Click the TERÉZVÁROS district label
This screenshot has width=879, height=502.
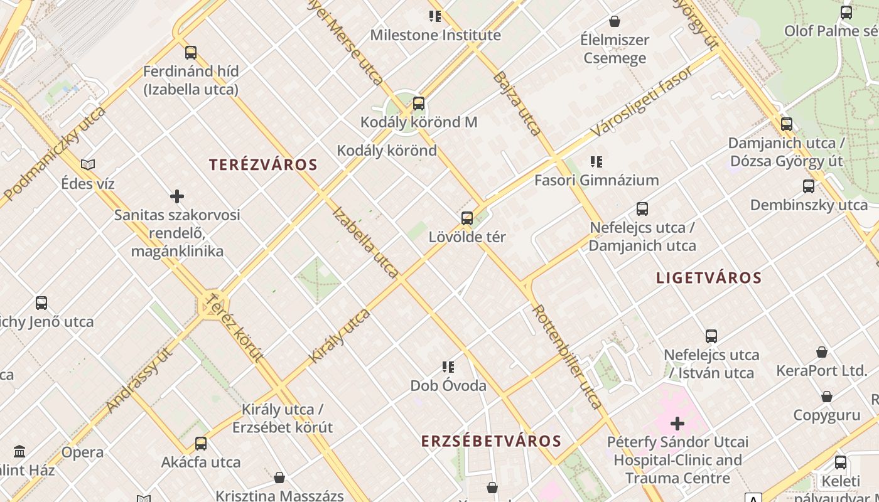click(x=263, y=165)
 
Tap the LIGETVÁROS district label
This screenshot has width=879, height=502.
click(x=709, y=278)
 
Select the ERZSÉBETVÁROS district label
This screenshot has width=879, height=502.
click(x=491, y=441)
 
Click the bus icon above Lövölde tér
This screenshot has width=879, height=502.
click(x=467, y=218)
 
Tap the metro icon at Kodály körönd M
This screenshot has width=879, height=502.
click(x=419, y=104)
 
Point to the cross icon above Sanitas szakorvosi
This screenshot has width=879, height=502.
click(x=177, y=196)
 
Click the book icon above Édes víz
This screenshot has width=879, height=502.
click(x=88, y=165)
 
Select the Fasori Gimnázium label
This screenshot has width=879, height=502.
click(x=596, y=181)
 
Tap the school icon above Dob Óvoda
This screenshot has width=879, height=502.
click(x=448, y=367)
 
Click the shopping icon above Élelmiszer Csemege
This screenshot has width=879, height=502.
click(x=615, y=21)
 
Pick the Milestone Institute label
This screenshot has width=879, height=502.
click(x=435, y=35)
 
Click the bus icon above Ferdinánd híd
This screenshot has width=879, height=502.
click(x=191, y=53)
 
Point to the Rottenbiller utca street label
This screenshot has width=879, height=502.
click(x=567, y=356)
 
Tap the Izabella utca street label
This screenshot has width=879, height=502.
click(x=365, y=242)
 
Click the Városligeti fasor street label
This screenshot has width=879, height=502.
click(x=642, y=102)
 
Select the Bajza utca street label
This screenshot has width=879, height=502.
click(x=517, y=104)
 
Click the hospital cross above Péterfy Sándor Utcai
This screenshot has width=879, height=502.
click(x=677, y=424)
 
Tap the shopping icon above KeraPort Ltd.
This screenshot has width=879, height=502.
click(x=822, y=352)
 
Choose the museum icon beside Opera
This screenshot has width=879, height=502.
click(x=19, y=452)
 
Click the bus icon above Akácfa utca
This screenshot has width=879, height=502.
click(x=201, y=444)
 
